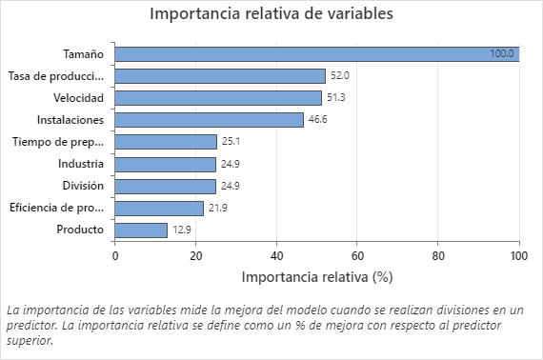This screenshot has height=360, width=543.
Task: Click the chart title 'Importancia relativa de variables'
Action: point(271,14)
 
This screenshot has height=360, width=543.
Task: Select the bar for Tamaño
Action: point(316,53)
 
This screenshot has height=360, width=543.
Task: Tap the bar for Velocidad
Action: point(218,97)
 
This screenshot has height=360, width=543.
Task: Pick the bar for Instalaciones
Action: point(209,119)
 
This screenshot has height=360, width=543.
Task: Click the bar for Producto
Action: point(141,230)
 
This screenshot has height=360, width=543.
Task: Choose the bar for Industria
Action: point(165,164)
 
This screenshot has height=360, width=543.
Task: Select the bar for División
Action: point(165,186)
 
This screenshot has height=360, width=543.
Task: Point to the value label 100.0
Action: point(502,54)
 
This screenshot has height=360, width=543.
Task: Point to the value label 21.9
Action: point(219,208)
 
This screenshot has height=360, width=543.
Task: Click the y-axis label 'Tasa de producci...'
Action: point(55,75)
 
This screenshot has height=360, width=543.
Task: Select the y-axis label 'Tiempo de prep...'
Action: point(58,142)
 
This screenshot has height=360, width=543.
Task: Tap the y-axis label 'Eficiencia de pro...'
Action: point(56,208)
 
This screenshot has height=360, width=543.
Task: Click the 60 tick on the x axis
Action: point(357,255)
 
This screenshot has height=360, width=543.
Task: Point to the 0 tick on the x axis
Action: point(115,255)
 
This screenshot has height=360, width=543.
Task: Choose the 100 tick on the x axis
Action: point(518,255)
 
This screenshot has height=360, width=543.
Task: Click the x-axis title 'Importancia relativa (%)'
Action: point(316,277)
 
